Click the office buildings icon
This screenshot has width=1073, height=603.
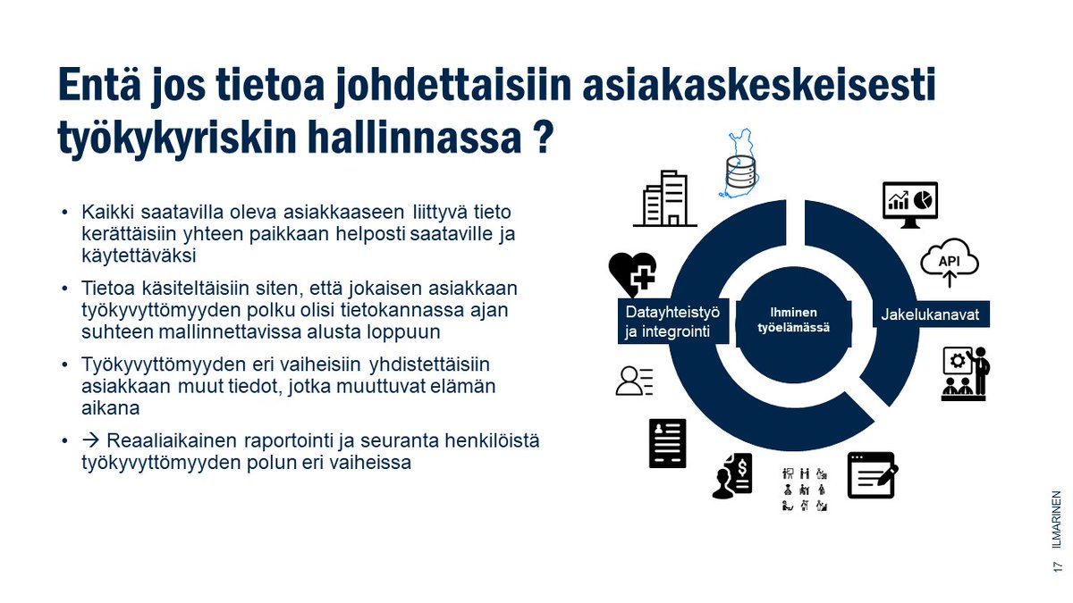point(664,198)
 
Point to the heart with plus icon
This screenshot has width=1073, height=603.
point(632,272)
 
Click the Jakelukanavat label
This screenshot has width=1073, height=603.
point(930,315)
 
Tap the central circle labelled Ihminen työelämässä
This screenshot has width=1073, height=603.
point(788,320)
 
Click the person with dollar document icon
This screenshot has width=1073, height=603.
point(733,476)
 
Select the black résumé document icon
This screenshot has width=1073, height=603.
point(667,443)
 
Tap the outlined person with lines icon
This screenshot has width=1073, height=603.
point(635,381)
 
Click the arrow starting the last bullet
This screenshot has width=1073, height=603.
point(90,442)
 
